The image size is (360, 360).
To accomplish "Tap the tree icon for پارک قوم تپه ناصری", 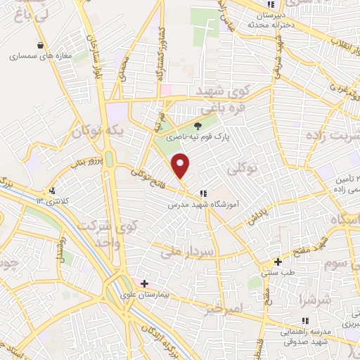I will point(199,127).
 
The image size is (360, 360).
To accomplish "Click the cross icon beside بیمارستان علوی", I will point(144,284).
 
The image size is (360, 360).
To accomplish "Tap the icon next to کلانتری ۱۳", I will point(52,191).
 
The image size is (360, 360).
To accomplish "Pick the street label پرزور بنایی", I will point(85,163).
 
